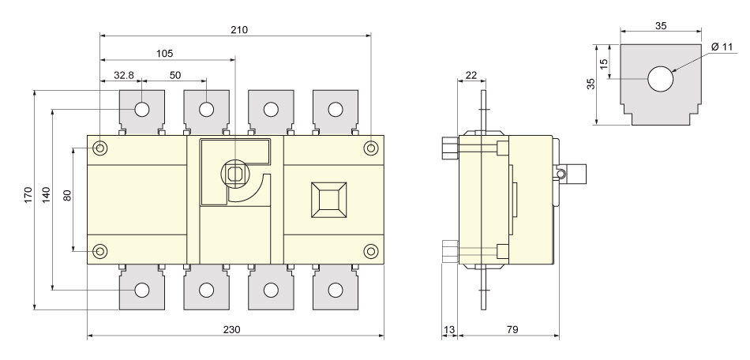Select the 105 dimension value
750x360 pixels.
point(165,54)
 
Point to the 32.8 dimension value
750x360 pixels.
point(124,75)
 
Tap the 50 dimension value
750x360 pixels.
point(174,75)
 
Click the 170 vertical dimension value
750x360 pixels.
point(28,195)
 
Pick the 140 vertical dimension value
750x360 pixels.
point(46,195)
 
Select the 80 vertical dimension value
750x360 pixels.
point(67,195)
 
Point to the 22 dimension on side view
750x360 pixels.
point(471,75)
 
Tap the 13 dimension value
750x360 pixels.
point(449,329)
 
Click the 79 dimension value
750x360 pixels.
point(508,329)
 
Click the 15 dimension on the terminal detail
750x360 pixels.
point(604,62)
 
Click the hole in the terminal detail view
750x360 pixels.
point(660,80)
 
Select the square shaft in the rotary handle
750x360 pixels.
point(234,173)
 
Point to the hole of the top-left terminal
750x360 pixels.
point(141,109)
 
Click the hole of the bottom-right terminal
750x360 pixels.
point(335,290)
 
